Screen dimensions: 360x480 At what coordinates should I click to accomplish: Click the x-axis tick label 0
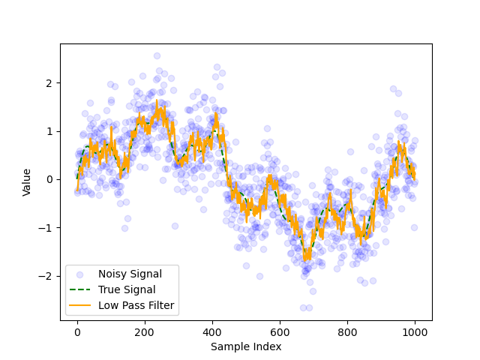tap(76, 332)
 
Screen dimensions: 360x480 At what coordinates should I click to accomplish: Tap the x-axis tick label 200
tap(145, 332)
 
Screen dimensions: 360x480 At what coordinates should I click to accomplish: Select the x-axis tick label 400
tap(212, 332)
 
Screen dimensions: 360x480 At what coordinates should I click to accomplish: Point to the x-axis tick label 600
tap(280, 332)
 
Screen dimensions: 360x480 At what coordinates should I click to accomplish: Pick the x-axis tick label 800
tap(347, 332)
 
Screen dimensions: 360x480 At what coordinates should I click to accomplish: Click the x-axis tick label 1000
tap(415, 332)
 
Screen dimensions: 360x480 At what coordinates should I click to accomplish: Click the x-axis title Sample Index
tap(246, 346)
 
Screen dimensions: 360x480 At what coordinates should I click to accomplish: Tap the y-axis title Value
tap(27, 182)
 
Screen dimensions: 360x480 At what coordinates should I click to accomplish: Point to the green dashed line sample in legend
tap(80, 289)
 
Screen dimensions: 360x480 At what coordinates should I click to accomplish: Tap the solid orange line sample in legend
tap(80, 305)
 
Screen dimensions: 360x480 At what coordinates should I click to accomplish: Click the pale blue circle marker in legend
tap(80, 274)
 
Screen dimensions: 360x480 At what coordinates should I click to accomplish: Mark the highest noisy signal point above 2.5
tap(157, 55)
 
